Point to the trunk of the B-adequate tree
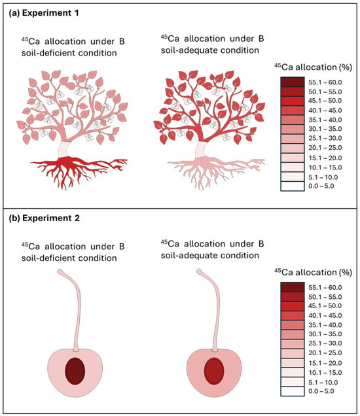pyautogui.click(x=211, y=147)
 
